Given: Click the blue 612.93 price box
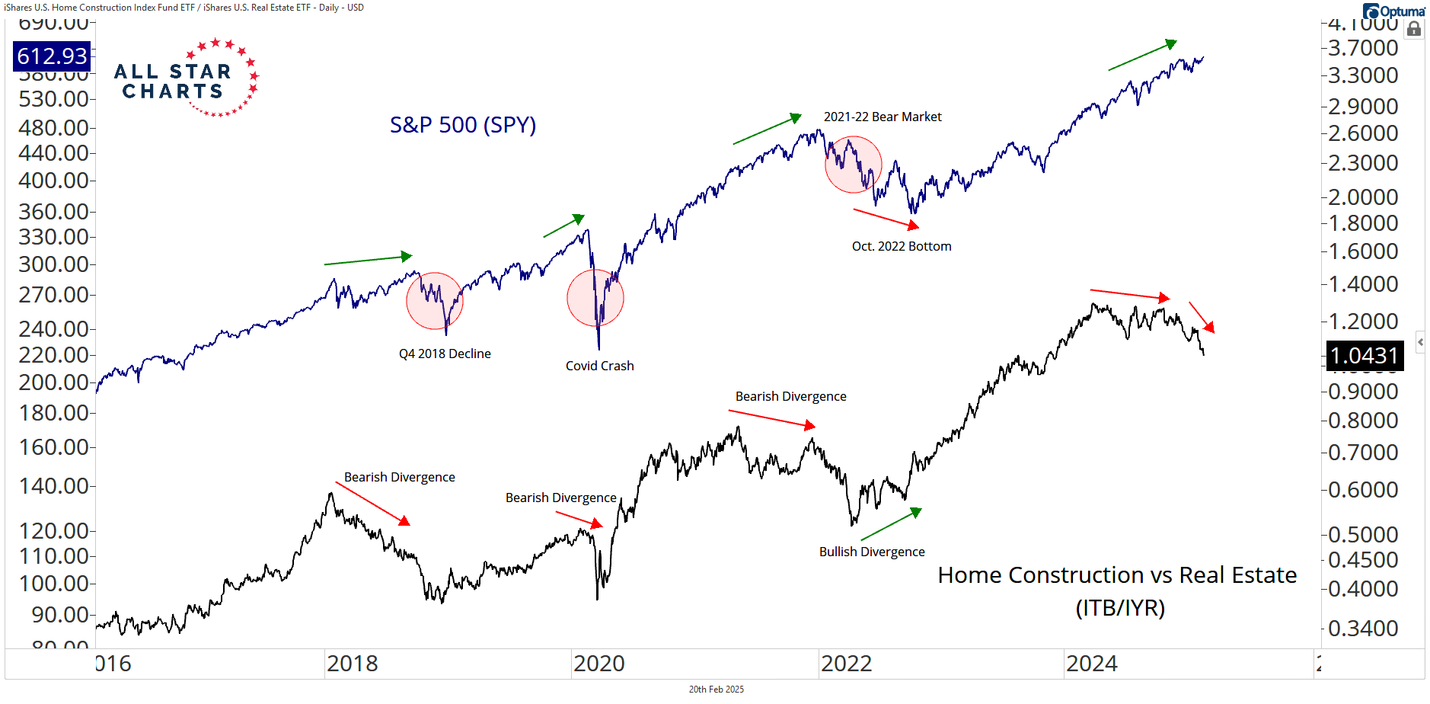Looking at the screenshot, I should click(x=52, y=56).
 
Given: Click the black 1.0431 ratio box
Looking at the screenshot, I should click(x=1365, y=356).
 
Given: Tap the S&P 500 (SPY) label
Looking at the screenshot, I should click(x=463, y=125).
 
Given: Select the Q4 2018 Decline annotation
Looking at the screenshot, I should click(x=445, y=354).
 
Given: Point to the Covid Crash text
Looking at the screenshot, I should click(x=599, y=366).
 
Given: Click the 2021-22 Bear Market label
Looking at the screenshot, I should click(x=883, y=117).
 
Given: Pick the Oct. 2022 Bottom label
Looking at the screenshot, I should click(x=902, y=246).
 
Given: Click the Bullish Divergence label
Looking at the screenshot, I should click(x=872, y=552).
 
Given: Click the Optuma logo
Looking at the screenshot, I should click(x=1393, y=11).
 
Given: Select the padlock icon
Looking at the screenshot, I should click(x=1414, y=29).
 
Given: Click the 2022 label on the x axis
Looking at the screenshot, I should click(x=846, y=664).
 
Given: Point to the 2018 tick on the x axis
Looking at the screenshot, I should click(x=352, y=664).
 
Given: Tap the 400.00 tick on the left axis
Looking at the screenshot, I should click(x=53, y=181).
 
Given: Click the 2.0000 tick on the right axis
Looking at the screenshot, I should click(x=1363, y=197).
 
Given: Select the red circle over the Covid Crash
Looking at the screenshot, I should click(x=595, y=298).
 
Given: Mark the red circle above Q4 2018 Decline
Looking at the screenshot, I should click(x=435, y=301).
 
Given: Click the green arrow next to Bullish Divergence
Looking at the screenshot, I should click(x=891, y=524).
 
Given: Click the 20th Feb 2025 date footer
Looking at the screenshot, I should click(x=716, y=690).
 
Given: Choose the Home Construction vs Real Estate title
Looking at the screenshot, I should click(x=1117, y=575).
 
